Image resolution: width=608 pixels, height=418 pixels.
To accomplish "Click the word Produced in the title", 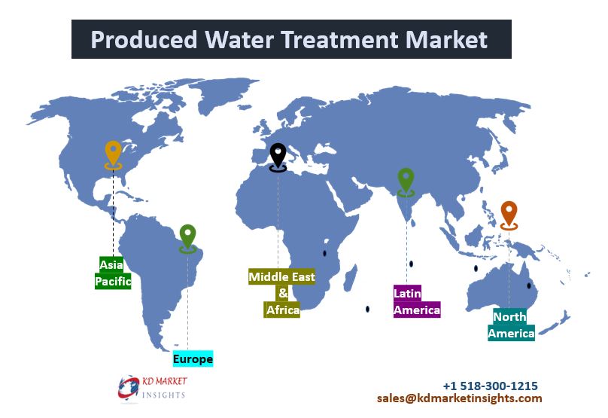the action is [x=144, y=40].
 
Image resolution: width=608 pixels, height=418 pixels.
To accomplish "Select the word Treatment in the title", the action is [x=339, y=40].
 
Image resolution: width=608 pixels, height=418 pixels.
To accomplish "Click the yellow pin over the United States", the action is [x=113, y=155].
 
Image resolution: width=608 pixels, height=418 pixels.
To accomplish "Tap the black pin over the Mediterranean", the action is [x=278, y=157].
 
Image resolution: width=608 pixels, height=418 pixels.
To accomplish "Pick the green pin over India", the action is [x=406, y=182].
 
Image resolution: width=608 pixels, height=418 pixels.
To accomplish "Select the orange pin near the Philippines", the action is [x=509, y=215].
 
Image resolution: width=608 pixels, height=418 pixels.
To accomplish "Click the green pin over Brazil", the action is [x=187, y=239].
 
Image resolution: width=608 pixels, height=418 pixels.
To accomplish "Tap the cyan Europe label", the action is [x=193, y=359].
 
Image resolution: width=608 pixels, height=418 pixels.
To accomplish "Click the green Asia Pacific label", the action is [x=113, y=273].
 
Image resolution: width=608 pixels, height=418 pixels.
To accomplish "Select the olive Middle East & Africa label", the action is [x=282, y=293].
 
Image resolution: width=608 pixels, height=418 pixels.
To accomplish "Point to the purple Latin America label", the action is [x=417, y=301].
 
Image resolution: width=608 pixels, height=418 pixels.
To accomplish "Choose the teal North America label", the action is [x=511, y=325].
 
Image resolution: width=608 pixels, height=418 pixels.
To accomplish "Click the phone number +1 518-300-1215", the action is [x=490, y=386].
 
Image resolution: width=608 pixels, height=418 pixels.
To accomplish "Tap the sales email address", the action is [x=459, y=398].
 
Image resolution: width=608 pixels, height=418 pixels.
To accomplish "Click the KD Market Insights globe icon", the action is [x=129, y=388].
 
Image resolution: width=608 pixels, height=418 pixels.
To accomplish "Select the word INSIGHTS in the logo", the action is [x=163, y=395].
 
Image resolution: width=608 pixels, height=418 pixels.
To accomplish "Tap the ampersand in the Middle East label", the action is [x=283, y=293].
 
